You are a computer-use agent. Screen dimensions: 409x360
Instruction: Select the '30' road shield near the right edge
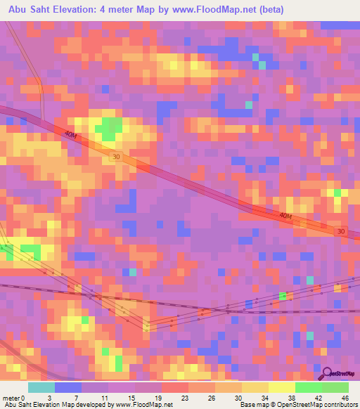340,231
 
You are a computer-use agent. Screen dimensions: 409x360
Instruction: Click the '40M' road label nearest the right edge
284,216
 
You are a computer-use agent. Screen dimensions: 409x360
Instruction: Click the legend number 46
345,397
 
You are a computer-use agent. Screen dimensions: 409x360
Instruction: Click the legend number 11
105,397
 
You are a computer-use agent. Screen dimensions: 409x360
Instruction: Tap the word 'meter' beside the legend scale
11,397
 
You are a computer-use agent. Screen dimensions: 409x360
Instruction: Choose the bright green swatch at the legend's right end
335,387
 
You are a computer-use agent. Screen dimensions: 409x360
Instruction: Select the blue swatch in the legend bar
67,387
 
